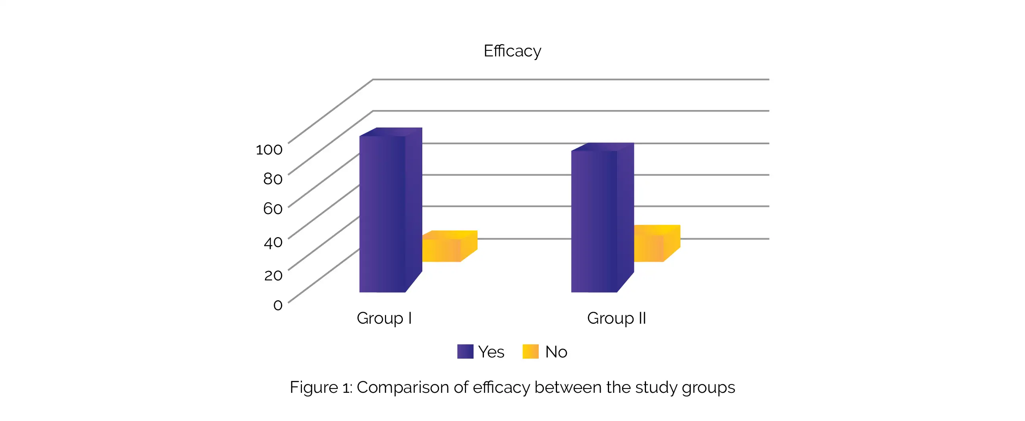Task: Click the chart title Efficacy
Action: [512, 51]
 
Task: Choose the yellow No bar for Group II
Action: [649, 248]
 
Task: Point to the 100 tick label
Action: [269, 150]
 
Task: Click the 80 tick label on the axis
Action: [273, 179]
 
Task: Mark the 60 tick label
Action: [273, 209]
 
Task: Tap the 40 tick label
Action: [273, 242]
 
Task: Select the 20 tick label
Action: [273, 275]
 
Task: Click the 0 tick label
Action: [278, 305]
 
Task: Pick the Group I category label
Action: [384, 319]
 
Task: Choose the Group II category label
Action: [616, 319]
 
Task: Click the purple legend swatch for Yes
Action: [465, 351]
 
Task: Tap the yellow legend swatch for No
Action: [530, 351]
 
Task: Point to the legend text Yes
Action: [491, 352]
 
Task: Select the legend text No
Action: [556, 352]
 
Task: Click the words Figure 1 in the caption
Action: [321, 387]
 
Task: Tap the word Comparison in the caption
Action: [403, 387]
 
